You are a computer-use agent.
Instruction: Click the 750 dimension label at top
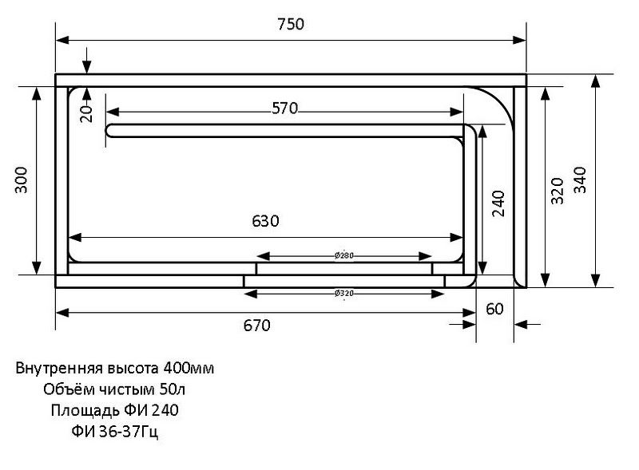point(291,24)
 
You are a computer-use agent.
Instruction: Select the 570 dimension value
point(284,109)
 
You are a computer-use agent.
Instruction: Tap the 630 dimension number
point(265,221)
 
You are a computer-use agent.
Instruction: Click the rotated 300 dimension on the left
point(22,180)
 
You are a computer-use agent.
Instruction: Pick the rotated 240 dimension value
point(498,203)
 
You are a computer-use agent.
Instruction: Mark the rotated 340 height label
point(580,180)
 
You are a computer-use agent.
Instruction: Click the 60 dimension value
point(494,309)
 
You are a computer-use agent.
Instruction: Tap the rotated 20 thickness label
point(87,113)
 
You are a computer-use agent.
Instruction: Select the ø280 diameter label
point(343,255)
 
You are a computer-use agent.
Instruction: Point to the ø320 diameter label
point(343,294)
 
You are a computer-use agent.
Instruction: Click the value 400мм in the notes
point(189,369)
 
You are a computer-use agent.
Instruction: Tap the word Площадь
point(77,411)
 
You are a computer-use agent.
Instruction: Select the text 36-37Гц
point(130,432)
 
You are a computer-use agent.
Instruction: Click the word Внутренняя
point(54,369)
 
